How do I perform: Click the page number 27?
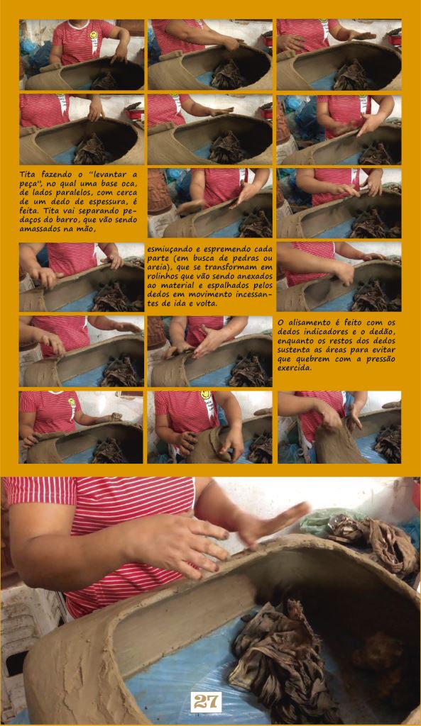point(206,702)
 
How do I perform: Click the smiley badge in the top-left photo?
point(93,35)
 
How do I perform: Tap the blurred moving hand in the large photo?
point(272,524)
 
